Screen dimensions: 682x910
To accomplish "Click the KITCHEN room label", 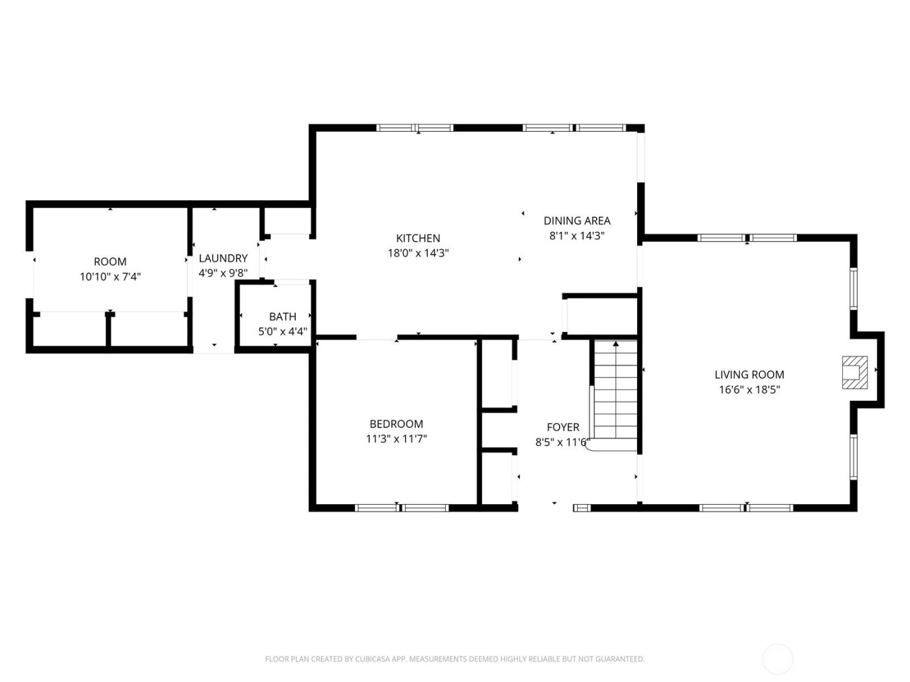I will tap(418, 238).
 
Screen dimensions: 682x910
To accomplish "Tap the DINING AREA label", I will tap(577, 221).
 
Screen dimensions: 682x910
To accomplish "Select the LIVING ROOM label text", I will tap(749, 375).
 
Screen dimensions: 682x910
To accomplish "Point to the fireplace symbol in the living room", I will tap(855, 373).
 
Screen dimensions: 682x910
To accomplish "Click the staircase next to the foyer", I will tap(615, 396).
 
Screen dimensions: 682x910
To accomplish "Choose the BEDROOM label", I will tap(396, 424).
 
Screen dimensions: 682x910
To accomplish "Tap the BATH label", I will tap(282, 317).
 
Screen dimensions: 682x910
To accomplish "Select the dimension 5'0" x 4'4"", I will tap(282, 332).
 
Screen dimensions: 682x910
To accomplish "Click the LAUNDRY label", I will tap(223, 259).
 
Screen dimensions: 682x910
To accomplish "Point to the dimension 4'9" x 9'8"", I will tap(223, 273).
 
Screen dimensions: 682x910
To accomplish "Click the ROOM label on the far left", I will tap(110, 262).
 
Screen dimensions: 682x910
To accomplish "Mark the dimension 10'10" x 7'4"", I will tap(110, 277).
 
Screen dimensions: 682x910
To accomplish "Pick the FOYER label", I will tap(562, 427).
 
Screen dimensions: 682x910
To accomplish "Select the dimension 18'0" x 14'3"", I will tap(418, 253).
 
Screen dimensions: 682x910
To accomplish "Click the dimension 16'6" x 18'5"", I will tap(749, 390).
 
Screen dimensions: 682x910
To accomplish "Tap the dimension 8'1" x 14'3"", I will tap(577, 236).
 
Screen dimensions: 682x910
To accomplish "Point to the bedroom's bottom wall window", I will tap(402, 507).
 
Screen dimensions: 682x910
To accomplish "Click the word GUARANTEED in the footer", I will tap(618, 659).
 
